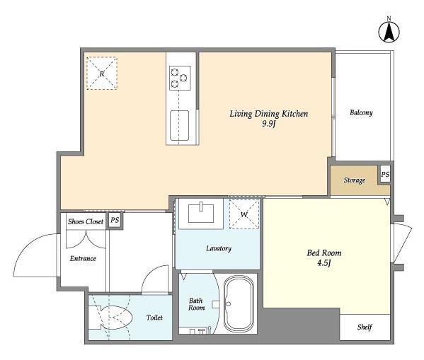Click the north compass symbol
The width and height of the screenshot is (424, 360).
pyautogui.click(x=388, y=30)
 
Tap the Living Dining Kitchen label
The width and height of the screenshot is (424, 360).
pyautogui.click(x=268, y=113)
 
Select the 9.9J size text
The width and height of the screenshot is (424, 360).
pyautogui.click(x=268, y=125)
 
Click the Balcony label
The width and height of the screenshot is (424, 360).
pyautogui.click(x=361, y=112)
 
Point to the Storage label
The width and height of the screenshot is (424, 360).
pyautogui.click(x=355, y=180)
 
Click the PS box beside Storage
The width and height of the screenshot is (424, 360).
pyautogui.click(x=384, y=174)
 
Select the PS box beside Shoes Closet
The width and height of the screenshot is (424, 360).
pyautogui.click(x=115, y=221)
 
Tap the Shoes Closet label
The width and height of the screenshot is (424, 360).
pyautogui.click(x=85, y=221)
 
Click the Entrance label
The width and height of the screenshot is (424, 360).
pyautogui.click(x=83, y=258)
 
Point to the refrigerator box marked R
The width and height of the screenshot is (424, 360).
pyautogui.click(x=102, y=74)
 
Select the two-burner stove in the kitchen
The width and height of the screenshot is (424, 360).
pyautogui.click(x=179, y=77)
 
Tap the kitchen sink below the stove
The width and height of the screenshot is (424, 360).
pyautogui.click(x=179, y=125)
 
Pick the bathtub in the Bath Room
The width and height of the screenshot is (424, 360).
pyautogui.click(x=239, y=304)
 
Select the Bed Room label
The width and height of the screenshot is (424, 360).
pyautogui.click(x=323, y=252)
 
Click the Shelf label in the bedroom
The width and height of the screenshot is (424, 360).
pyautogui.click(x=365, y=327)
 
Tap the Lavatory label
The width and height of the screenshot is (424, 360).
pyautogui.click(x=218, y=248)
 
